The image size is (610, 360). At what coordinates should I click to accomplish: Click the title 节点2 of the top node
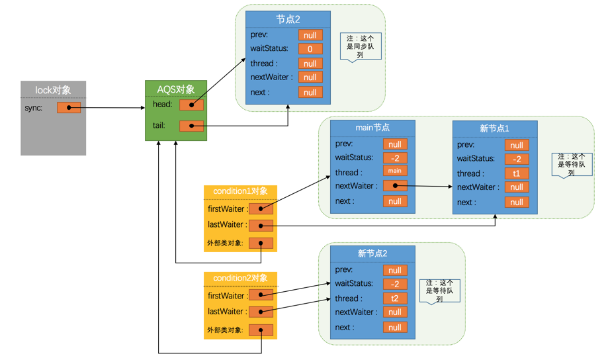coord(288,19)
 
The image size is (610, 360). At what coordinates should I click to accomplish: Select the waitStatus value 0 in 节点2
coord(310,49)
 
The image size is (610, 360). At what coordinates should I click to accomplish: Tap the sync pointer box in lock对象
coord(69,108)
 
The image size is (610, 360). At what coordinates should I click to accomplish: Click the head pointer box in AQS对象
coord(192,105)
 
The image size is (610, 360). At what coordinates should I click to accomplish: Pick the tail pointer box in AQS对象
coord(192,126)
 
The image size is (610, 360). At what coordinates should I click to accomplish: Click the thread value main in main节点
coord(395,171)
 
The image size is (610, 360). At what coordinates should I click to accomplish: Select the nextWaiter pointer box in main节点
coord(395,187)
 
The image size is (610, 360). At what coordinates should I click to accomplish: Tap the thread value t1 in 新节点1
coord(517,173)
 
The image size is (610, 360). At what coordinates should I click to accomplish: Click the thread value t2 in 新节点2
coord(395,298)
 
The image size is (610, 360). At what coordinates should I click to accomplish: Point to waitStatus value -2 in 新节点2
coord(395,285)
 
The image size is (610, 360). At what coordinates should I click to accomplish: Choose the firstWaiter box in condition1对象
coord(261,209)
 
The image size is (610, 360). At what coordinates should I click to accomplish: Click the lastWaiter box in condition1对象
coord(261,226)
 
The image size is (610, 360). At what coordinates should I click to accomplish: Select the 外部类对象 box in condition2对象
coord(261,330)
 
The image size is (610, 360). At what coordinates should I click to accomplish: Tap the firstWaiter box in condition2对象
coord(261,296)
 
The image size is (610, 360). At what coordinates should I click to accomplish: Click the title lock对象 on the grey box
coord(53,90)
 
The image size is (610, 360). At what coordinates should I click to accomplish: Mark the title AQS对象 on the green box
coord(175,89)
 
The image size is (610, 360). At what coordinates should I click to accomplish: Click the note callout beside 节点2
coord(361,46)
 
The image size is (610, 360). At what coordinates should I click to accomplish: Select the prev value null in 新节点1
coord(517,145)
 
